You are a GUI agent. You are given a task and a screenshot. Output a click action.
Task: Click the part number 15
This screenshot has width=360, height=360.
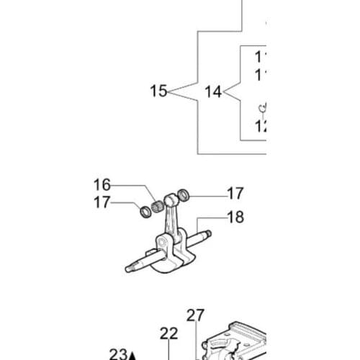[159, 91]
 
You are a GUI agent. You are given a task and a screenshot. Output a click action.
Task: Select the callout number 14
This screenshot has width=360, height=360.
[213, 91]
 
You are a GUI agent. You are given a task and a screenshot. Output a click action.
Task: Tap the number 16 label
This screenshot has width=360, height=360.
[102, 185]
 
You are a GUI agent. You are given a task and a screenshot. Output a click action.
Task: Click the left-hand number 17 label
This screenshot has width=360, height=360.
[102, 202]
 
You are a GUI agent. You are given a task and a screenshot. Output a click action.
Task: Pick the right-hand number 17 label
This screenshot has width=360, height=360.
[235, 193]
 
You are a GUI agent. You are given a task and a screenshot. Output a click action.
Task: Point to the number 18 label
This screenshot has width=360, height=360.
[235, 217]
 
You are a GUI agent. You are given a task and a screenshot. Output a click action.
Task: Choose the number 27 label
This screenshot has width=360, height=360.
[195, 315]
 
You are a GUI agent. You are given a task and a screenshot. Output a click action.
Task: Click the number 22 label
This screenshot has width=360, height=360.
[168, 333]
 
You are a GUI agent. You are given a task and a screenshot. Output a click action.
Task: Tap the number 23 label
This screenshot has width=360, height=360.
[118, 354]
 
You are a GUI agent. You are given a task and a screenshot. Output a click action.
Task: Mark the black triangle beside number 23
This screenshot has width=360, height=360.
[132, 355]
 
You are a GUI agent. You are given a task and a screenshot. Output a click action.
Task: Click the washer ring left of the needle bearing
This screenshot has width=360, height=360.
[143, 211]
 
